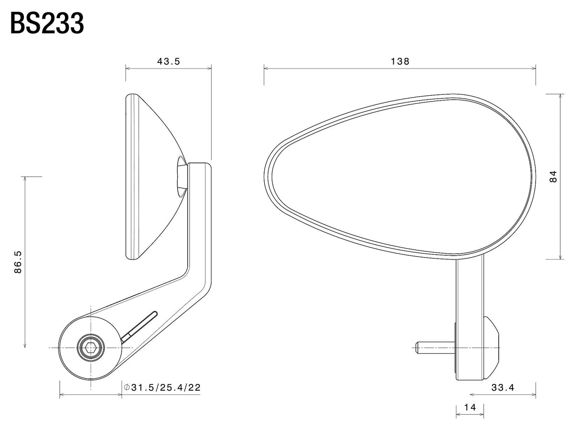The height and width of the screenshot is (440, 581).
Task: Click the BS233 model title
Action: tap(47, 24)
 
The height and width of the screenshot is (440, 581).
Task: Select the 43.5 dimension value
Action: tap(168, 61)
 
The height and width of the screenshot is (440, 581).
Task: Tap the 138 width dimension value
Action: tap(400, 61)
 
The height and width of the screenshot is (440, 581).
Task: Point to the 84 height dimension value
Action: tap(553, 177)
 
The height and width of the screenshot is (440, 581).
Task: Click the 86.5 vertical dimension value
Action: tap(18, 262)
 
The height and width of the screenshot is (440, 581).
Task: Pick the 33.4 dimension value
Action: tap(503, 388)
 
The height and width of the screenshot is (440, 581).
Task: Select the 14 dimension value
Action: tap(470, 407)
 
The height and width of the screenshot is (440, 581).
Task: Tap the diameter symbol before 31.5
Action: tap(126, 387)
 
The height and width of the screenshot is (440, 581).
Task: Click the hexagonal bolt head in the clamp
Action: tap(90, 347)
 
